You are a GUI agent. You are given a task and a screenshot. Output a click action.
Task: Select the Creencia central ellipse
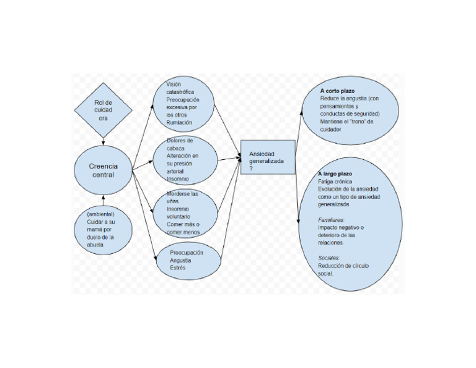click(103, 170)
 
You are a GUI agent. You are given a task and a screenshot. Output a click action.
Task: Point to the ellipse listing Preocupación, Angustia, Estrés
click(188, 260)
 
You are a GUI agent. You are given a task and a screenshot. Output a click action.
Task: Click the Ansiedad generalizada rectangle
click(267, 157)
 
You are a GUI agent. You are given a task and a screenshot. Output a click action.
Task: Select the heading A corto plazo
click(337, 91)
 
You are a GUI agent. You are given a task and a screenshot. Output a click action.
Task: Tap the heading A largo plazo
click(335, 174)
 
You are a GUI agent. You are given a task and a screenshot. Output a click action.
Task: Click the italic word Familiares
click(331, 220)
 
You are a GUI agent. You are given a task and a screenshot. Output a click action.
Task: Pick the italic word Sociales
click(328, 257)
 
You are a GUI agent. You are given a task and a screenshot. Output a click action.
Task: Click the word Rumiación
click(180, 123)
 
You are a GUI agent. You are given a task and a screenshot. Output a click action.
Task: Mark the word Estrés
click(178, 268)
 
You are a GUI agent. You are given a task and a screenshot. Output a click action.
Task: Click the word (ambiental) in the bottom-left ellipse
click(100, 214)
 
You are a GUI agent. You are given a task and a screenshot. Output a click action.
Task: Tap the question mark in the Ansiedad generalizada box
click(251, 169)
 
